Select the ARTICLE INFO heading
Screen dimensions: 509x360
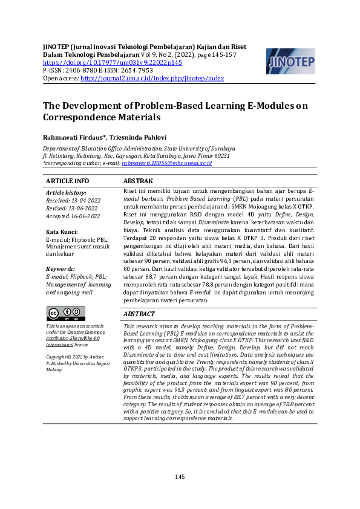(68, 181)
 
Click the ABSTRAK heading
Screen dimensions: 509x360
(138, 181)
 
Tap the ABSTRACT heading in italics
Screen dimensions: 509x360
(139, 314)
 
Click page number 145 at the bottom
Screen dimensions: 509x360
(180, 477)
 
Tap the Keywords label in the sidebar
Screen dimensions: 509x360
(61, 269)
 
